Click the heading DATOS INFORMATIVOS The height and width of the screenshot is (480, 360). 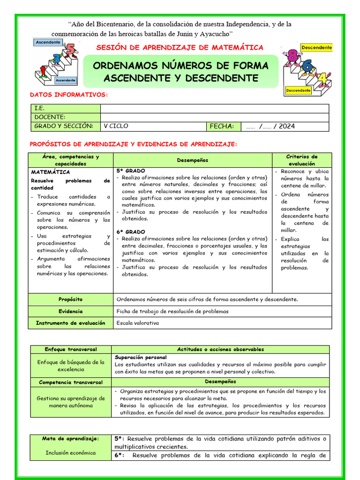(69, 95)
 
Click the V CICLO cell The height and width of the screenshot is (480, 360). (116, 126)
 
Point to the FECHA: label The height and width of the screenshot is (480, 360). (222, 126)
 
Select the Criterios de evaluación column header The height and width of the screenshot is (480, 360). (302, 160)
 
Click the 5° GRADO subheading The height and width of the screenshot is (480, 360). (131, 171)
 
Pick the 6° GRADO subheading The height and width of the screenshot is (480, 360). (131, 232)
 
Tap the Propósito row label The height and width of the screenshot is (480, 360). (70, 299)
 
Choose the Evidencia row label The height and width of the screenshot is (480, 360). (70, 311)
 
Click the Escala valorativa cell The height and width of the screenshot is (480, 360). (138, 323)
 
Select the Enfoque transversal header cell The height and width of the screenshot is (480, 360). (71, 349)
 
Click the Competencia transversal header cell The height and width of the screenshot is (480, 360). (71, 382)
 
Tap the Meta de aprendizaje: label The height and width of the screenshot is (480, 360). (71, 439)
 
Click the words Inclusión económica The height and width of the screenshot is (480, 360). (71, 453)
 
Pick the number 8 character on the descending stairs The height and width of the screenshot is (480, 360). (292, 57)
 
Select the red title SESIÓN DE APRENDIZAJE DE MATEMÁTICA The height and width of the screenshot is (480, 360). (180, 47)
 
